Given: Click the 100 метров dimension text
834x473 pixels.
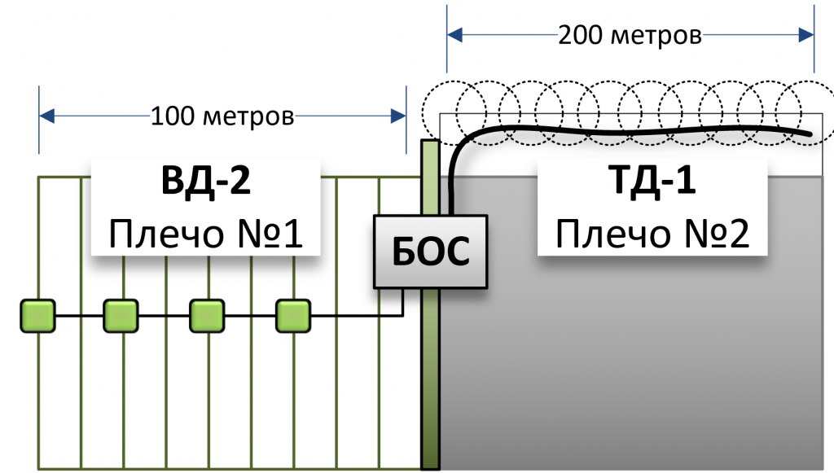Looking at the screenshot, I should point(222,116).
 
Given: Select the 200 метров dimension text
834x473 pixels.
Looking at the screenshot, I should point(630,36).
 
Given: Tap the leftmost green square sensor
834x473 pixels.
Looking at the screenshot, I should point(37,316).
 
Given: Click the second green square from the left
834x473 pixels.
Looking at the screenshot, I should point(121,316).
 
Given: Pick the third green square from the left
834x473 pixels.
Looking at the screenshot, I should point(207,316).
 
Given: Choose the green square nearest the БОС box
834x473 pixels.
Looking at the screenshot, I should point(293,316).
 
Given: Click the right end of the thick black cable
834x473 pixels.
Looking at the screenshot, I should point(810,133).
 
